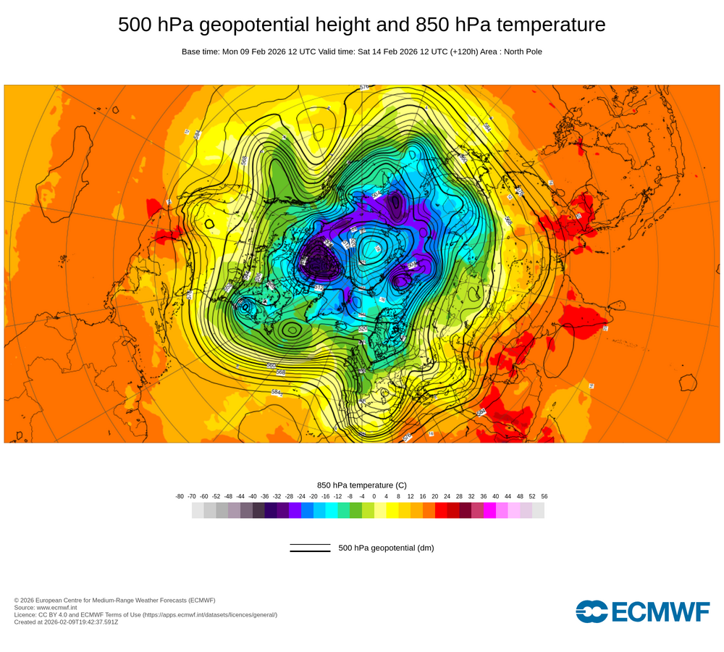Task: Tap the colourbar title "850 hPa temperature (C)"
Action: [362, 485]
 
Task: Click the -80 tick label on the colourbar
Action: [180, 496]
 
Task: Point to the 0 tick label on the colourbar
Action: [374, 496]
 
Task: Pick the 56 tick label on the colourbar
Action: [544, 496]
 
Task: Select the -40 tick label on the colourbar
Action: [253, 496]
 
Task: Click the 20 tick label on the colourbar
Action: [435, 496]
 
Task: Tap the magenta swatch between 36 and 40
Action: [489, 510]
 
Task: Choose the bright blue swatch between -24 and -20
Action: [307, 510]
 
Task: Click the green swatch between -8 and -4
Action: [355, 510]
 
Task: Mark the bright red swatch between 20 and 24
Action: [441, 510]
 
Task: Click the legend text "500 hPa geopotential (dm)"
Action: [386, 548]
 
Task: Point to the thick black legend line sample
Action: [310, 551]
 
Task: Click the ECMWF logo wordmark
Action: [643, 611]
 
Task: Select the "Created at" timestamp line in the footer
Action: [66, 622]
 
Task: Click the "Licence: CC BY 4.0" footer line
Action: [145, 614]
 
